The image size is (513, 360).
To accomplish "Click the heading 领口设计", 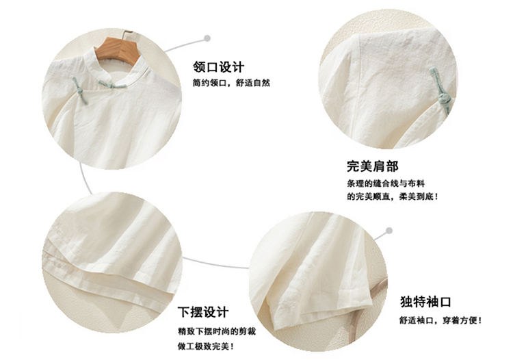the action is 219,67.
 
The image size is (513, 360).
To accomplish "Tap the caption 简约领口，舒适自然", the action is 231,83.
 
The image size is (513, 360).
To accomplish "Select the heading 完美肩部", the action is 373,166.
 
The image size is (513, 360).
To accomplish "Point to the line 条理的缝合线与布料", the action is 386,183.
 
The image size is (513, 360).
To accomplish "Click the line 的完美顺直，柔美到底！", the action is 393,196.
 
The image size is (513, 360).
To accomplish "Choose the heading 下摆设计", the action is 203,312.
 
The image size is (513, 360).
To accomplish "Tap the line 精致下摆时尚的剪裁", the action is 217,331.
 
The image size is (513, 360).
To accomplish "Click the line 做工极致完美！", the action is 206,346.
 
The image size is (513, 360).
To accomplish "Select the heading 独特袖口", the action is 426,301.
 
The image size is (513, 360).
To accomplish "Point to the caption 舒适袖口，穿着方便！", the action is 440,320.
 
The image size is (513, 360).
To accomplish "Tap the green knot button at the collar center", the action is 112,86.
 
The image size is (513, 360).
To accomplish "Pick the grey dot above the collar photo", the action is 207,38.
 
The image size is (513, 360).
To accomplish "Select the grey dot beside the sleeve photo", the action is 389,231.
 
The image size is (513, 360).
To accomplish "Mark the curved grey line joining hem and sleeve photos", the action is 214,263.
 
